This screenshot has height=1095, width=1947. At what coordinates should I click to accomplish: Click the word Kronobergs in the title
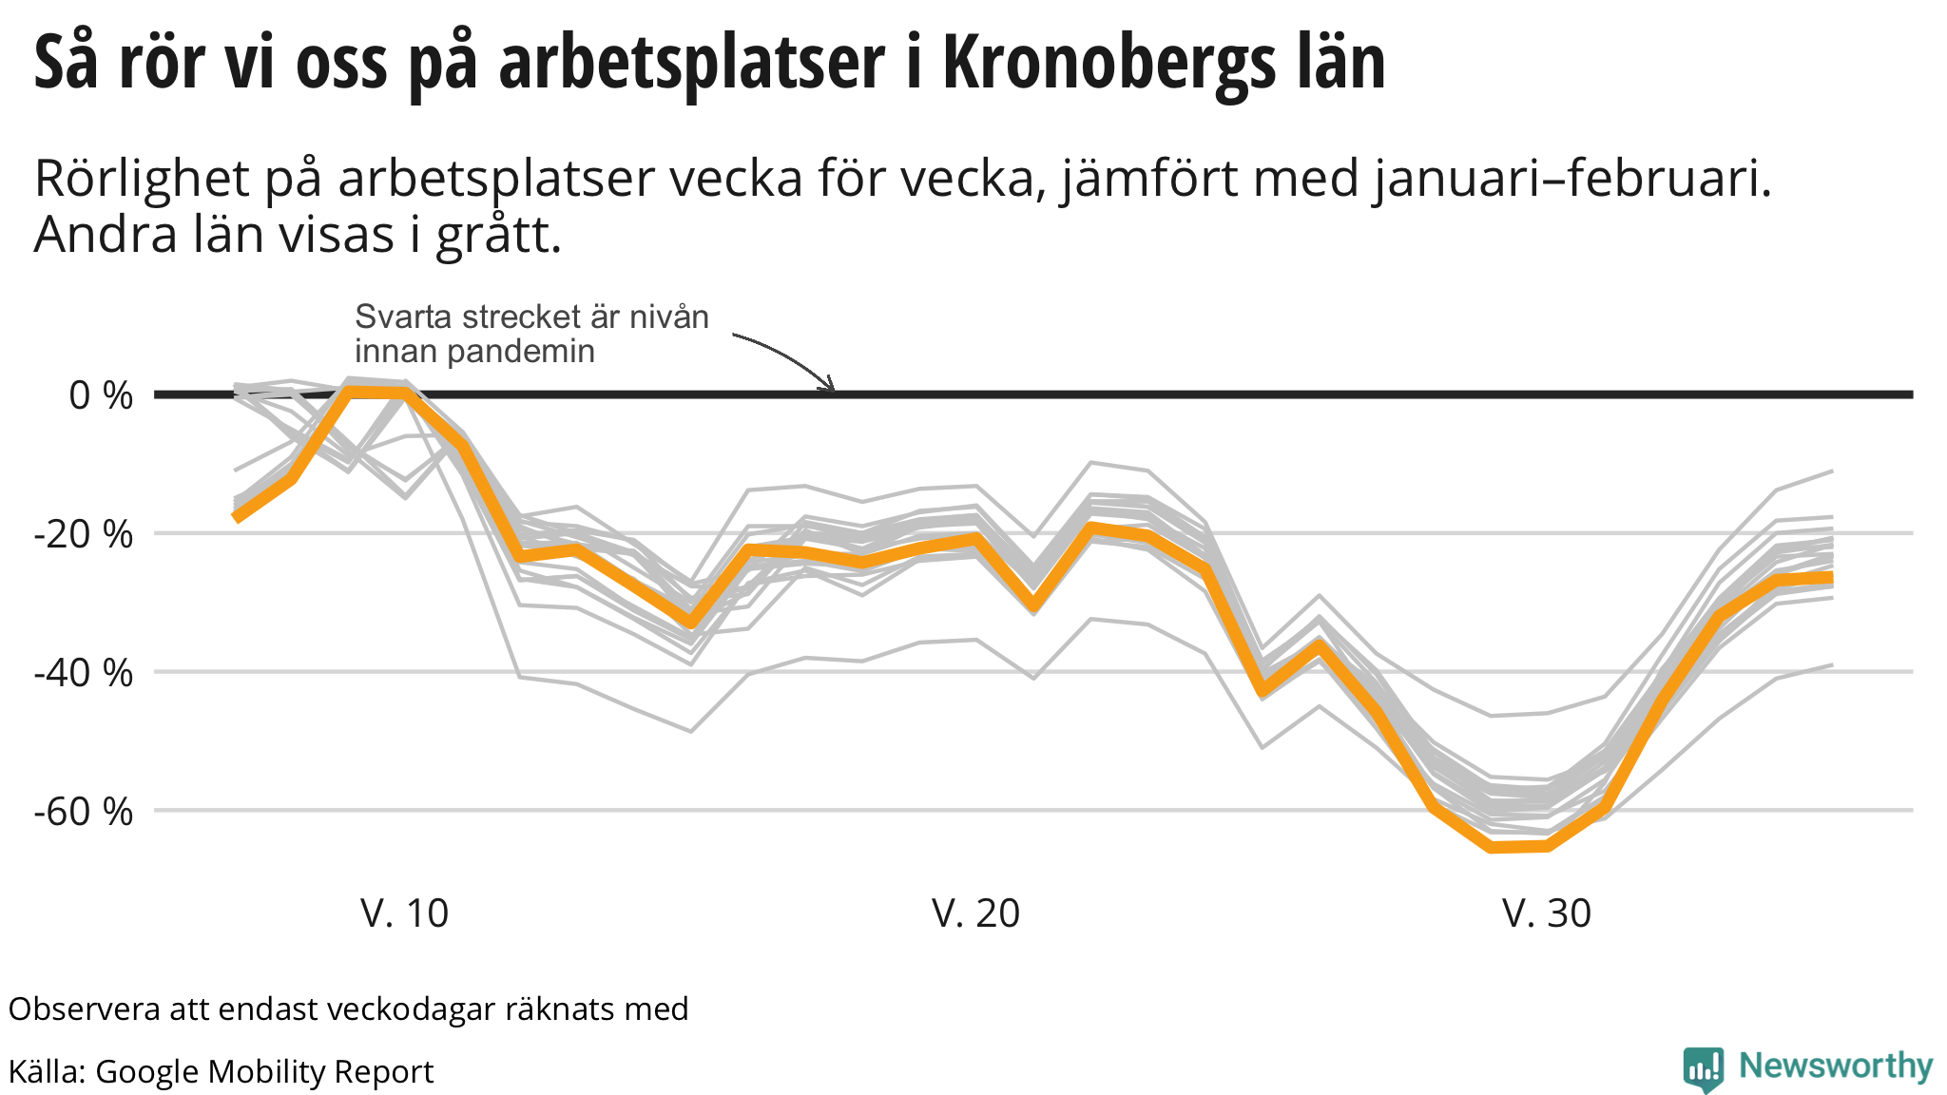tap(1111, 63)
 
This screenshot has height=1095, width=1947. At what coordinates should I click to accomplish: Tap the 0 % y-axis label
tap(101, 395)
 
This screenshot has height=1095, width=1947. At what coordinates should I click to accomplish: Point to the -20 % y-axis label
tap(84, 534)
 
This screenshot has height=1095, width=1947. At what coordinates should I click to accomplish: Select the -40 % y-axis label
tap(84, 673)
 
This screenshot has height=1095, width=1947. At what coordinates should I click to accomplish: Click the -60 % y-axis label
tap(84, 812)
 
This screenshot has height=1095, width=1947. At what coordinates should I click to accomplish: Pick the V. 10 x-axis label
tap(404, 913)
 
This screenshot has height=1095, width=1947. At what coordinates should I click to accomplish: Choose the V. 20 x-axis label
tap(975, 913)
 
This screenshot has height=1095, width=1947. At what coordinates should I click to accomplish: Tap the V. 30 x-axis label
tap(1546, 913)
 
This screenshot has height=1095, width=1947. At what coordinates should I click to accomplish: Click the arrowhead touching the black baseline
tap(829, 386)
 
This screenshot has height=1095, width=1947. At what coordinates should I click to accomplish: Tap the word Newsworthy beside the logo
tap(1836, 1066)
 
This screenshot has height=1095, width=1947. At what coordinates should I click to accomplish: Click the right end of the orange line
tap(1831, 578)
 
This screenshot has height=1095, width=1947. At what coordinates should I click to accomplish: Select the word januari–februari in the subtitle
tap(1572, 179)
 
